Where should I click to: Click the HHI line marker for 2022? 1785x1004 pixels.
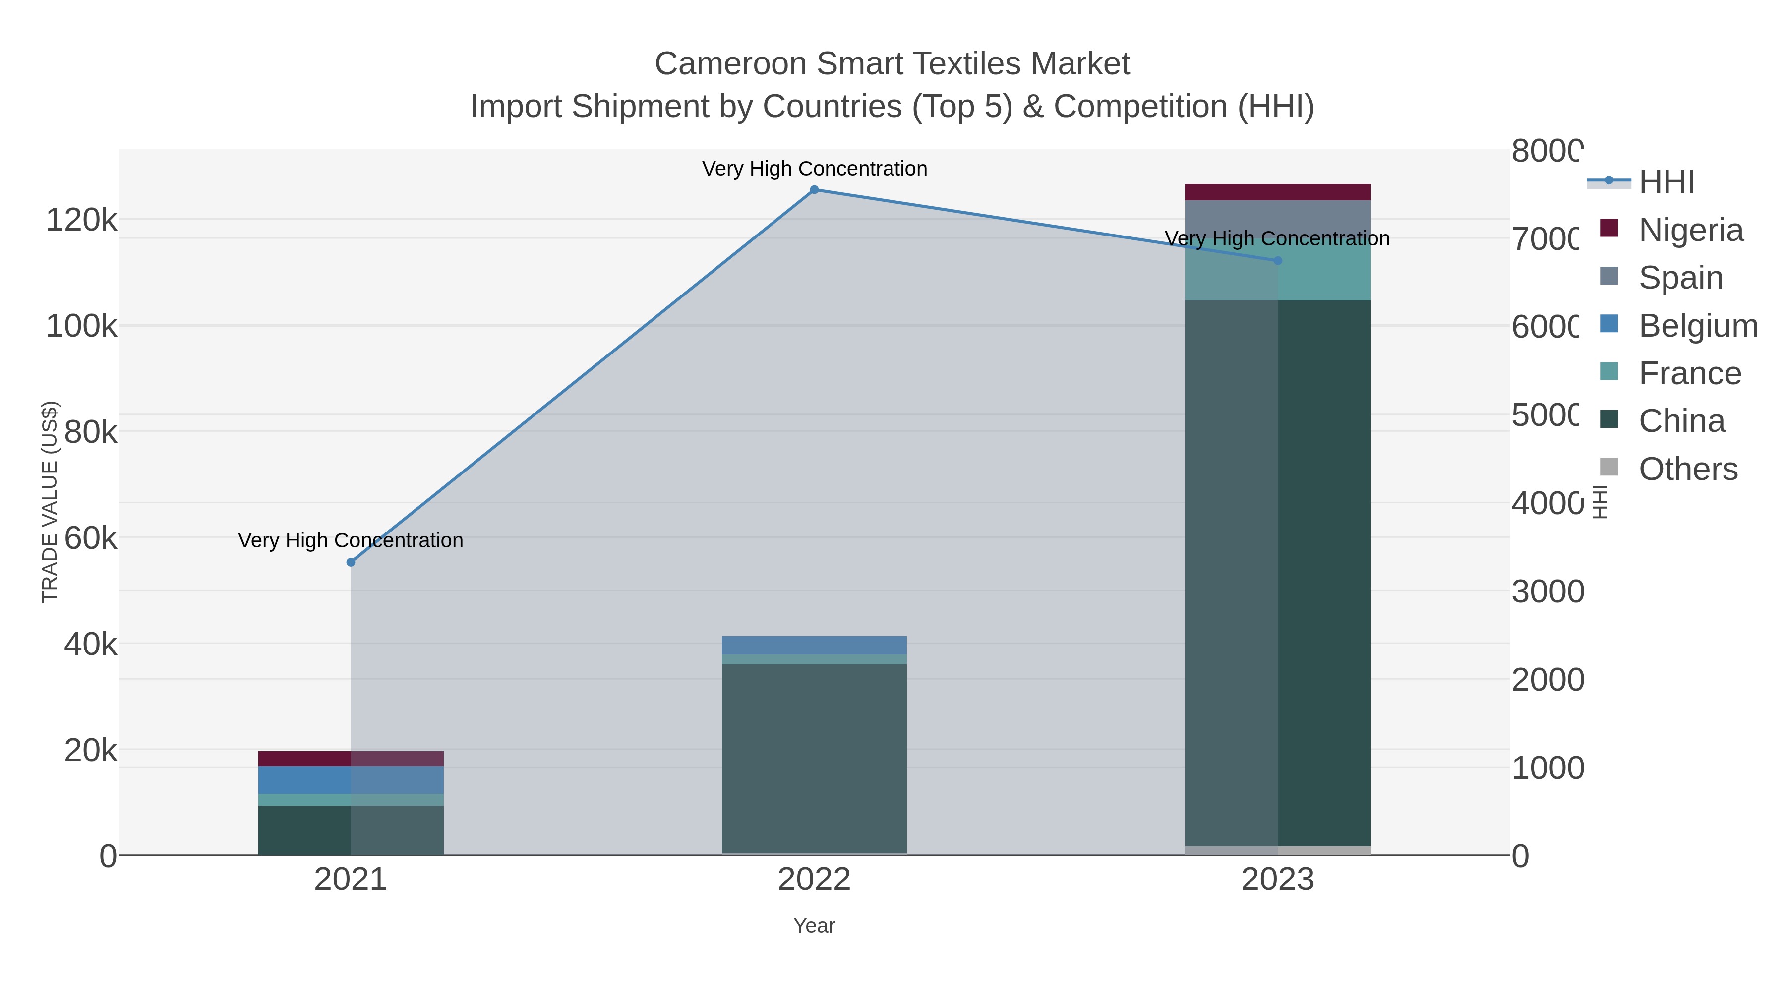pos(814,190)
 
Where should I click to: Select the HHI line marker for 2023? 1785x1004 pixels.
pos(1278,260)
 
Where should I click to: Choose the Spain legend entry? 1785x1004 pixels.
pos(1680,277)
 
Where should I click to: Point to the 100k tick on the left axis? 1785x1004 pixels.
pos(81,326)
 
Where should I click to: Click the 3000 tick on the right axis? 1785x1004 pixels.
pos(1547,591)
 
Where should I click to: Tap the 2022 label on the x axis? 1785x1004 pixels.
pos(814,879)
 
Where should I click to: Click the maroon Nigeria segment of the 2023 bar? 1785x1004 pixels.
pos(1278,192)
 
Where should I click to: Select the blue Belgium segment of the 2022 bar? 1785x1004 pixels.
pos(814,645)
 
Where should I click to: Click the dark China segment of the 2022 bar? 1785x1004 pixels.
pos(814,759)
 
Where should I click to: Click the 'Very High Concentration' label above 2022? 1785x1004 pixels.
pos(814,169)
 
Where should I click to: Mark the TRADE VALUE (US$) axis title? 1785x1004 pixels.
pos(50,502)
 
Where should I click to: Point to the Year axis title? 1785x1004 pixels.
pos(814,926)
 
